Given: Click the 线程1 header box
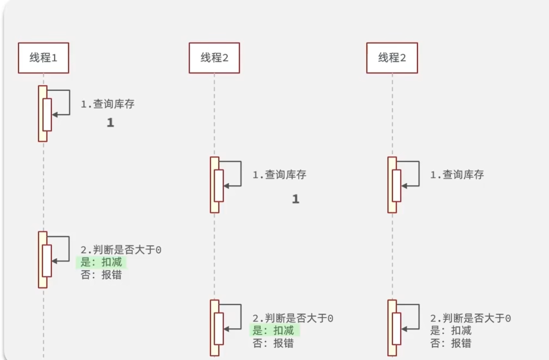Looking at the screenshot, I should click(x=43, y=58).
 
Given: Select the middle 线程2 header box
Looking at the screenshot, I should click(x=214, y=58).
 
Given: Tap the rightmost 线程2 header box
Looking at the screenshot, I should click(x=392, y=58).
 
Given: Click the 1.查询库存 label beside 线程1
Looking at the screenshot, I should click(x=108, y=104).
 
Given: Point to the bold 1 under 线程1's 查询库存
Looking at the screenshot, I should click(x=110, y=123).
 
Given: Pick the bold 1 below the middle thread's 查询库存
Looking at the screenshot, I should click(x=296, y=199).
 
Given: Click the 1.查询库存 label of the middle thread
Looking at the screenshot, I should click(x=279, y=175).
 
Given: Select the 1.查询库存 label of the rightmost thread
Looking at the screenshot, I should click(x=457, y=175).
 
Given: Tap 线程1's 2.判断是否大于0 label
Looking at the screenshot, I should click(x=121, y=250).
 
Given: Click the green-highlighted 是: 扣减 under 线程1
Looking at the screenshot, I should click(x=101, y=263).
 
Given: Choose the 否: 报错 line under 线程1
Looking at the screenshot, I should click(x=101, y=275).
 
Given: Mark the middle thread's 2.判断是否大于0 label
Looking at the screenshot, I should click(x=293, y=318).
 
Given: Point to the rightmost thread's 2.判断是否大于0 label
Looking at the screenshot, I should click(x=471, y=318).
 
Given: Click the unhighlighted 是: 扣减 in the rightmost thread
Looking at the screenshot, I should click(x=451, y=331).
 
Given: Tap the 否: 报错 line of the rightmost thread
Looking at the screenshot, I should click(x=451, y=343).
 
